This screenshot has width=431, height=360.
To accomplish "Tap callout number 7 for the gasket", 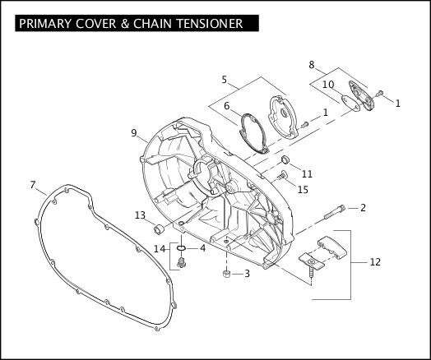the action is tap(33, 185).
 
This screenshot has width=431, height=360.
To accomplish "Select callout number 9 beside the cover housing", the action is tap(134, 133).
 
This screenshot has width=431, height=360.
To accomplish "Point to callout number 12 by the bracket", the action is tap(375, 262).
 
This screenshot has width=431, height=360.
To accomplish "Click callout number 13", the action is tap(140, 215).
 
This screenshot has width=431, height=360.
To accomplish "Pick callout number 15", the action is tap(303, 190).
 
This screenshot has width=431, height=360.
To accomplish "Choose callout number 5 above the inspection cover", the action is tap(225, 80).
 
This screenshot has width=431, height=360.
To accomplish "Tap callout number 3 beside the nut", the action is tap(247, 274).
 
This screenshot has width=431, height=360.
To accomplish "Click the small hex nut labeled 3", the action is tap(226, 274).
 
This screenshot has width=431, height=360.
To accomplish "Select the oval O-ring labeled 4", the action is tap(181, 248).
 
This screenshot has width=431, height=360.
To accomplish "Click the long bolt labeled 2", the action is tap(334, 212).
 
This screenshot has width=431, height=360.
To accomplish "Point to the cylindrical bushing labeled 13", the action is tap(158, 229).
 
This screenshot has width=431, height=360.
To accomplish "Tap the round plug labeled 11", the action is tap(285, 159).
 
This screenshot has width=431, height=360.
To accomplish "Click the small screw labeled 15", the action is tap(282, 175).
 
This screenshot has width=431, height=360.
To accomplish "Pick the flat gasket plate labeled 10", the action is tap(350, 103).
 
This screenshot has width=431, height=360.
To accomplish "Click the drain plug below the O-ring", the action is tap(182, 262).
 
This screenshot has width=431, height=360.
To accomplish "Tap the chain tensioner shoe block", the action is tap(332, 247).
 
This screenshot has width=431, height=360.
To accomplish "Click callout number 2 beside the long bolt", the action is tap(363, 208).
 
